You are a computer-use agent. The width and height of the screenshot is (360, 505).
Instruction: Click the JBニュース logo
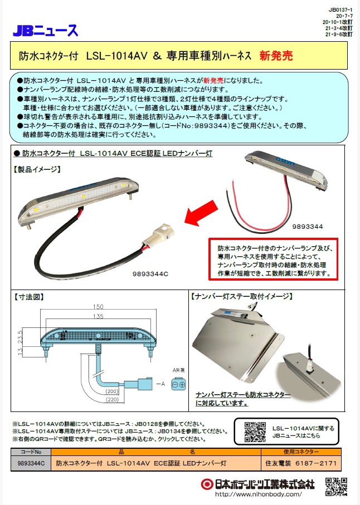click(x=46, y=30)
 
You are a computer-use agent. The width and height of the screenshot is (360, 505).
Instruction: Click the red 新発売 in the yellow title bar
click(x=276, y=56)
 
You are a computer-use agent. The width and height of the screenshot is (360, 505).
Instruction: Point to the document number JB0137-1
click(x=340, y=10)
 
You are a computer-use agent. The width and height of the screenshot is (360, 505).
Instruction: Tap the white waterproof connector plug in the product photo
click(x=158, y=237)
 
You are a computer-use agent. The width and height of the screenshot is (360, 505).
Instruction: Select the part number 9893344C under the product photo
click(x=150, y=274)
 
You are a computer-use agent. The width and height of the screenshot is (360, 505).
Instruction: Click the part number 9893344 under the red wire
click(x=308, y=227)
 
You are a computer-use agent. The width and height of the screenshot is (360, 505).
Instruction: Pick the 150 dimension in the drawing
click(x=98, y=307)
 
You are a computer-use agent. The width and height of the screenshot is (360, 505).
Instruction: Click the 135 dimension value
click(x=98, y=316)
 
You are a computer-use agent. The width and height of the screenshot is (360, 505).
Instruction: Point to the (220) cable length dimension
click(x=112, y=400)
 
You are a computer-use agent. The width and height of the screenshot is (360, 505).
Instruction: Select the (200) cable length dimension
click(x=112, y=391)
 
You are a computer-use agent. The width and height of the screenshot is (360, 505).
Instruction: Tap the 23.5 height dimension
click(x=20, y=336)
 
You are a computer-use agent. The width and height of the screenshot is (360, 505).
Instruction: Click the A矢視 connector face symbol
click(x=178, y=384)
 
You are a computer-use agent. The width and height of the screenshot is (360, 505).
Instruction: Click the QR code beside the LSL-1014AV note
click(x=255, y=432)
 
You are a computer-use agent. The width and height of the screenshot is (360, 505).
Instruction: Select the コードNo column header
click(x=31, y=452)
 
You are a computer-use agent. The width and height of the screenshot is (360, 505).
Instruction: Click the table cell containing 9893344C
click(x=31, y=463)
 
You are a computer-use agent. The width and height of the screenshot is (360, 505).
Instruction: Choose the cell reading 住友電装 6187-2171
click(x=301, y=463)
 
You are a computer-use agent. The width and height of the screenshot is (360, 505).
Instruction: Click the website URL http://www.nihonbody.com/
click(x=258, y=494)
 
